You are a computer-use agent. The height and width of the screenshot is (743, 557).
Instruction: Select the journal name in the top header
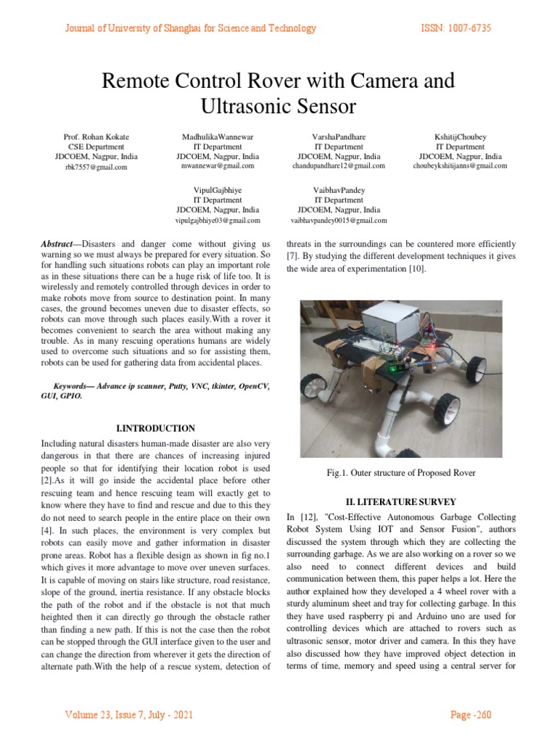pyautogui.click(x=191, y=28)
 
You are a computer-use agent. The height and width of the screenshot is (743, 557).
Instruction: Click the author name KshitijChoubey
pyautogui.click(x=460, y=136)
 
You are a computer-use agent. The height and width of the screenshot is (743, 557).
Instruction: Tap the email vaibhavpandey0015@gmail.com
pyautogui.click(x=339, y=220)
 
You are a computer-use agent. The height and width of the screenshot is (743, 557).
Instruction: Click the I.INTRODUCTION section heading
pyautogui.click(x=155, y=428)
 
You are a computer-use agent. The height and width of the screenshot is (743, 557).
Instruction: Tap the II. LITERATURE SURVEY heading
pyautogui.click(x=401, y=500)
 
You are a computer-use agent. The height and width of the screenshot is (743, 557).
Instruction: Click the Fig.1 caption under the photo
pyautogui.click(x=400, y=473)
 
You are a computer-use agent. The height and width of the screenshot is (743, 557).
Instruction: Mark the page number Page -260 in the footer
pyautogui.click(x=471, y=715)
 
